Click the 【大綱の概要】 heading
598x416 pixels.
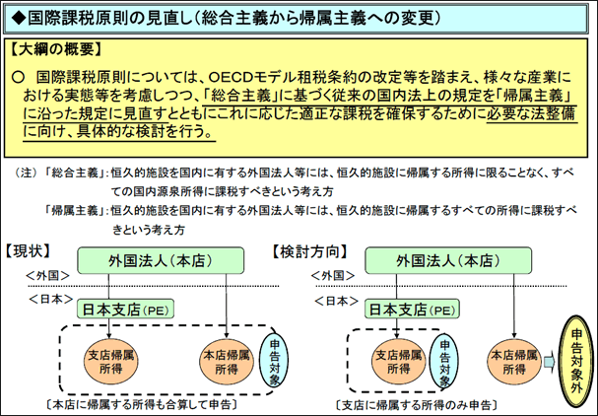pyautogui.click(x=56, y=49)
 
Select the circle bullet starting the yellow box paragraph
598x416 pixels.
pyautogui.click(x=18, y=78)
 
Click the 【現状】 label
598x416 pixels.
pyautogui.click(x=28, y=250)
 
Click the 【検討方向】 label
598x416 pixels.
pyautogui.click(x=309, y=252)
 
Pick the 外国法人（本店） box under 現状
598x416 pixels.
pyautogui.click(x=161, y=260)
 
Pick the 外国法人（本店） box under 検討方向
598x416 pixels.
pyautogui.click(x=448, y=260)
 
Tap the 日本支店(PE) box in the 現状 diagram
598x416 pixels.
pyautogui.click(x=125, y=309)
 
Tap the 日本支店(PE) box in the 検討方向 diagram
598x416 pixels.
pyautogui.click(x=412, y=309)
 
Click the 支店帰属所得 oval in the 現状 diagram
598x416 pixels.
pyautogui.click(x=111, y=362)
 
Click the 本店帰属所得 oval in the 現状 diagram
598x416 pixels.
pyautogui.click(x=227, y=362)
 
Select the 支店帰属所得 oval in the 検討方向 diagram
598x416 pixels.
pyautogui.click(x=399, y=362)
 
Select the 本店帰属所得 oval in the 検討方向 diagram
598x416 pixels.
pyautogui.click(x=514, y=362)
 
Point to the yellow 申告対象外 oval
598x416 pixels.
pyautogui.click(x=576, y=361)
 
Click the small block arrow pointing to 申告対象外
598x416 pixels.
pyautogui.click(x=550, y=362)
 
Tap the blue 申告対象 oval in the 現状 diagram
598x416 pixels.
pyautogui.click(x=274, y=361)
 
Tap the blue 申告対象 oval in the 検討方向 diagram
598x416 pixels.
pyautogui.click(x=444, y=361)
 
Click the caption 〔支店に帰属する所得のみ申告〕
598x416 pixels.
pyautogui.click(x=417, y=405)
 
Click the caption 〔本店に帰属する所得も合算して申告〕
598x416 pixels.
pyautogui.click(x=142, y=405)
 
